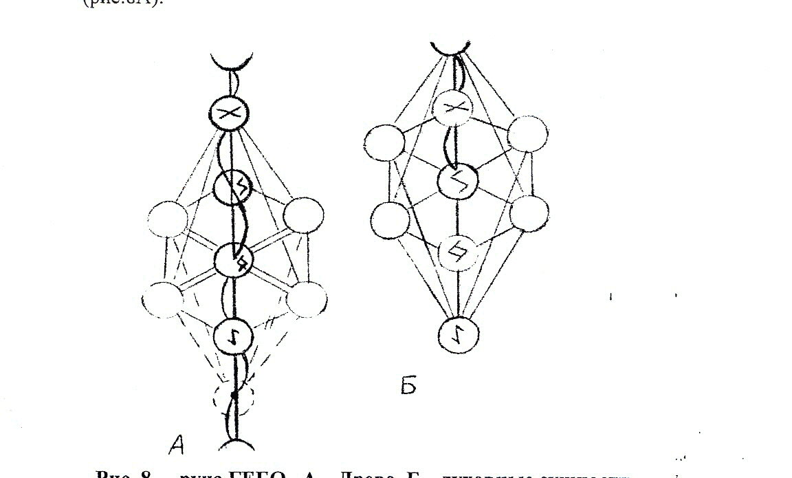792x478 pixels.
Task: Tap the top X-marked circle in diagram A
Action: coord(232,113)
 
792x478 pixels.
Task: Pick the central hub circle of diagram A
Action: coord(234,260)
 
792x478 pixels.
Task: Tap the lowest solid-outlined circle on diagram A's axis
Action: coord(234,336)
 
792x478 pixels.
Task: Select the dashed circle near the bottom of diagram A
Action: coord(234,396)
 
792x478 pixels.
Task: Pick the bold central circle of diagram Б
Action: coord(456,181)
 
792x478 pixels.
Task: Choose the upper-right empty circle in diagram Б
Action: coord(527,134)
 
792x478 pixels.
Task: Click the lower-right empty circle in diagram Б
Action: coord(529,213)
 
